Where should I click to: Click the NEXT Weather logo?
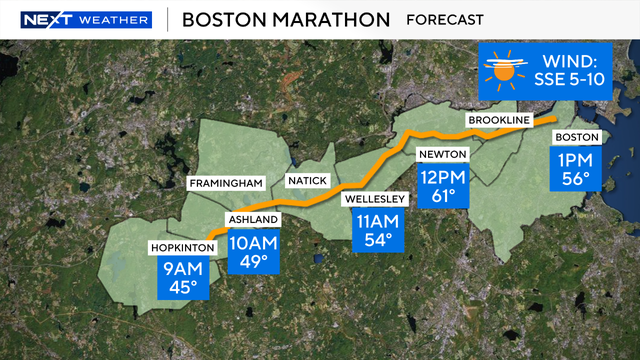click(86, 20)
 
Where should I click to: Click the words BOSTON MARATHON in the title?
click(286, 20)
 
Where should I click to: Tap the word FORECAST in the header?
click(445, 20)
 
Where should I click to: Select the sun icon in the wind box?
click(507, 71)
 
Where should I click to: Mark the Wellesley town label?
click(375, 198)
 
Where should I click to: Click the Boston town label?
click(576, 136)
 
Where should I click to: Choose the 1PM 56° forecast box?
click(576, 170)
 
